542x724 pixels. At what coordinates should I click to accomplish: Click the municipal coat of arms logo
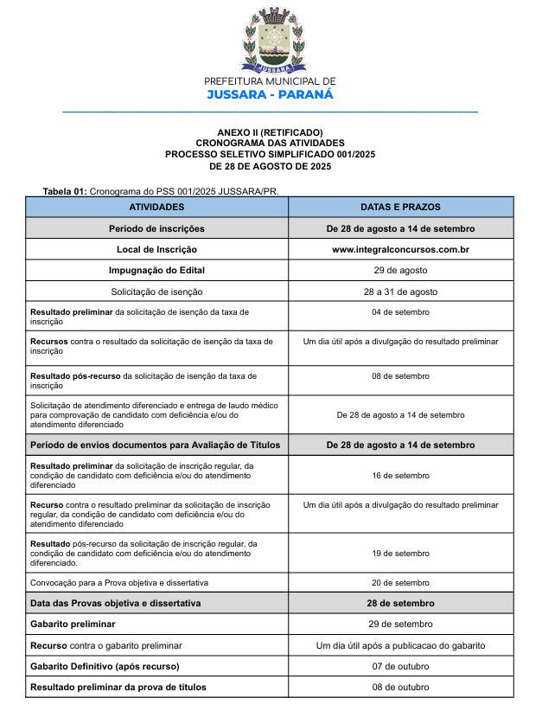click(271, 40)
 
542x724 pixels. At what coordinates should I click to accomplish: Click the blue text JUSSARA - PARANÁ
click(270, 94)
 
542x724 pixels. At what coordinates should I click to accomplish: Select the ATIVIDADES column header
click(156, 207)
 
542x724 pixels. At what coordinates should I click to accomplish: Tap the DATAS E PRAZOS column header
click(400, 207)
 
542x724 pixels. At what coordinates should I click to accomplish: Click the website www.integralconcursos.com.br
click(400, 249)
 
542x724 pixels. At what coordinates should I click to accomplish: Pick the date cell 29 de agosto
click(400, 270)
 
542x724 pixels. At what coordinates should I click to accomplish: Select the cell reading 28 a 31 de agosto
click(400, 292)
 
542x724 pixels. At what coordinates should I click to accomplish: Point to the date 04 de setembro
click(400, 312)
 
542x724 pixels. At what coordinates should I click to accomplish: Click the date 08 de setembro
click(400, 376)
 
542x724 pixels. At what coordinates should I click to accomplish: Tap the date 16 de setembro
click(400, 476)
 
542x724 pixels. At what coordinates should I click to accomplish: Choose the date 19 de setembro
click(400, 553)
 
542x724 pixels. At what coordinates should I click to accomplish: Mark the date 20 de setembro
click(400, 583)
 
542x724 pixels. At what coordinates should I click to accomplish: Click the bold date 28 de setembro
click(400, 603)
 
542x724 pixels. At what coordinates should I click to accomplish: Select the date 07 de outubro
click(400, 666)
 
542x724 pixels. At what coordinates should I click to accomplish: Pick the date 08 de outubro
click(400, 688)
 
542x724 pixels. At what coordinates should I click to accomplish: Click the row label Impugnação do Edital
click(156, 270)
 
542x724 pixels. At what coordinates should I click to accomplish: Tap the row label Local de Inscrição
click(156, 249)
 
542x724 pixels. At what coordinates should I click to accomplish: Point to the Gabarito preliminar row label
click(73, 624)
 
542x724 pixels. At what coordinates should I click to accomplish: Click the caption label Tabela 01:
click(65, 190)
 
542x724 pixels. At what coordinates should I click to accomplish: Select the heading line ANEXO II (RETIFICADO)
click(270, 131)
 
